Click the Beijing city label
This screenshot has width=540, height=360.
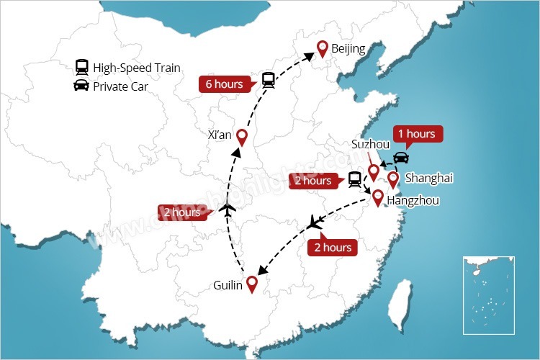[348, 49]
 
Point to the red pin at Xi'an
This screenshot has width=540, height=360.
[242, 137]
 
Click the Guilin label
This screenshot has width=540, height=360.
[228, 284]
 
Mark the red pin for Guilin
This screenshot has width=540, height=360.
[251, 284]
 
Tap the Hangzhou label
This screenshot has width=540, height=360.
[413, 201]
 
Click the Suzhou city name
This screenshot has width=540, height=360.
[370, 144]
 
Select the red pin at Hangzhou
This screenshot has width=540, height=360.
[377, 197]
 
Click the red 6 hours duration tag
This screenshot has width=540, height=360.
[225, 84]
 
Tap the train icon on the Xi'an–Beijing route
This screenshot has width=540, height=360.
[269, 79]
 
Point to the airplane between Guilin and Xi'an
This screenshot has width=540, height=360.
[228, 210]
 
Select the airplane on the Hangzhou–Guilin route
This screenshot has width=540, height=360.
[314, 223]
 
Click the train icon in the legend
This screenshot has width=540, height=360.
[81, 68]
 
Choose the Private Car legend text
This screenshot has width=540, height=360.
[121, 86]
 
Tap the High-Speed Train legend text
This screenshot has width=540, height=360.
[136, 68]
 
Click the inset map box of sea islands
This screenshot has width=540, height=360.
[488, 294]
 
